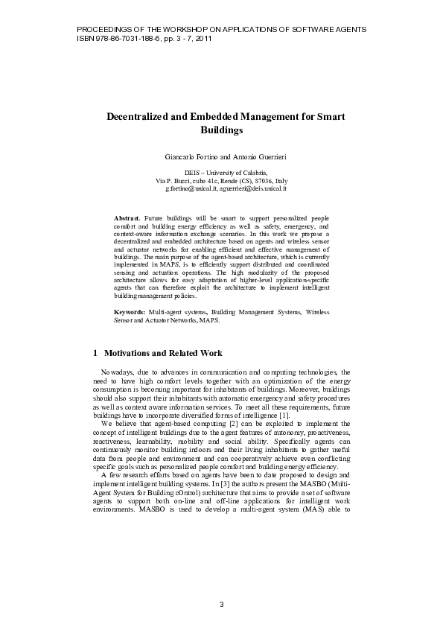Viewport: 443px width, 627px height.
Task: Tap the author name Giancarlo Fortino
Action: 189,157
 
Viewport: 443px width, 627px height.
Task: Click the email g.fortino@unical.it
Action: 197,189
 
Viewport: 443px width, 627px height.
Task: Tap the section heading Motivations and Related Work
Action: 162,353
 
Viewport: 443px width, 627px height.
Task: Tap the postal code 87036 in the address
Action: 261,181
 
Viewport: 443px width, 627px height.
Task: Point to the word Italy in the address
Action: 279,181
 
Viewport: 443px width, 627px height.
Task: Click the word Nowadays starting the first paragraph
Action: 117,371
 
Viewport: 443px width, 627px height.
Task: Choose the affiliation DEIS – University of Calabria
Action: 220,173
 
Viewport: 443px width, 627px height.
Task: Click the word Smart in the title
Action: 330,117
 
